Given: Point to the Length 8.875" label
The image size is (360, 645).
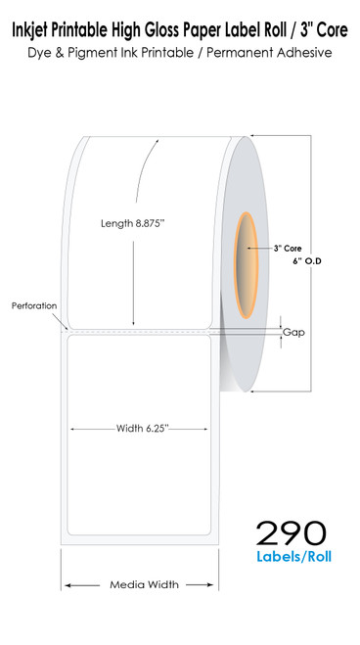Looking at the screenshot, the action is pos(133,223).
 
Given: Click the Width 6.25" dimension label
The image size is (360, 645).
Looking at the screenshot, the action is pos(143,429).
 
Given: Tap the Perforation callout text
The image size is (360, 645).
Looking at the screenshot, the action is pos(34,306).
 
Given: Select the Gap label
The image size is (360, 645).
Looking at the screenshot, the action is pos(293,332).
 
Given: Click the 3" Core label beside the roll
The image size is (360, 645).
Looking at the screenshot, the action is pos(288,249).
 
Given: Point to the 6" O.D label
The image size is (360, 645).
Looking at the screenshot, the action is pos(306,260).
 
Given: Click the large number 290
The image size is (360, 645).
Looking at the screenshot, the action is pos(291,532).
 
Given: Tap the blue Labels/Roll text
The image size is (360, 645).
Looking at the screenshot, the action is pos(293,557).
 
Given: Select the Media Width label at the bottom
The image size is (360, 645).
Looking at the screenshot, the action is pos(144,584).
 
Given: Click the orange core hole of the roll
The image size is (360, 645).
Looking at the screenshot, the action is pos(247,266).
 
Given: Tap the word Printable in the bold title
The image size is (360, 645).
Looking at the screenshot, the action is pos(78,30).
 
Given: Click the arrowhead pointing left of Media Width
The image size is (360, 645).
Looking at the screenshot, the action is pos(67,585).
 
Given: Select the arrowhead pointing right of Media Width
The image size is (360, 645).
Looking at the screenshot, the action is pos(210,585).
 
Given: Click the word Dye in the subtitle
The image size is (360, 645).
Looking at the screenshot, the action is pos(37,53).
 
